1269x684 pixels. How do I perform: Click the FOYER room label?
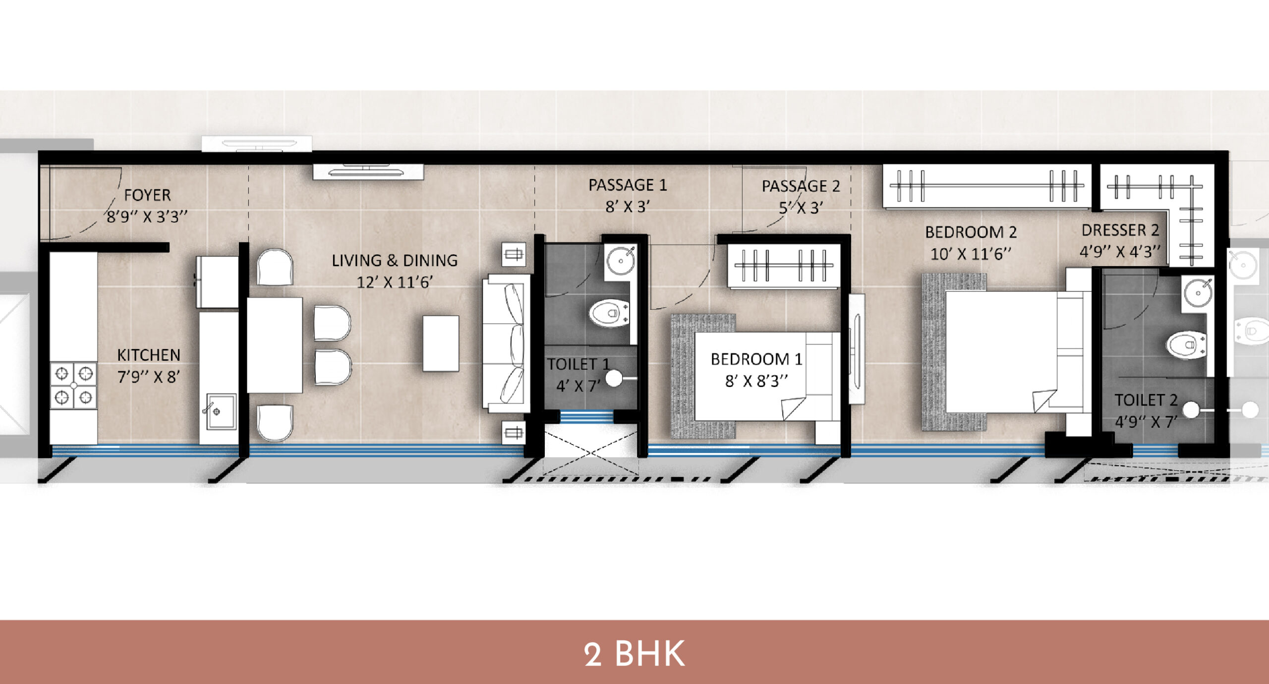(147, 195)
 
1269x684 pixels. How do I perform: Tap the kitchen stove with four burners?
(73, 386)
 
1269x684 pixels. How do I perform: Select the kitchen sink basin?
(221, 411)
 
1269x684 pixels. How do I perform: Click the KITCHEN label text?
(149, 355)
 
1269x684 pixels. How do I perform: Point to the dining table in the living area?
(275, 345)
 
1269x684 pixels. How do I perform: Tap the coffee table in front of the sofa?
(440, 343)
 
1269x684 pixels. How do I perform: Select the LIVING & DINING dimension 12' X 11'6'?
(395, 283)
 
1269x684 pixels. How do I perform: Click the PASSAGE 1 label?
(628, 185)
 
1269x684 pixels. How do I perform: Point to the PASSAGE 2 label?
(801, 186)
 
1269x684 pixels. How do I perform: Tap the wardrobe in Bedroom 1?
(784, 266)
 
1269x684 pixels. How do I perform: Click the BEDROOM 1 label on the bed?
(756, 359)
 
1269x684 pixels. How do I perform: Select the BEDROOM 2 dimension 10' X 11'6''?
(971, 254)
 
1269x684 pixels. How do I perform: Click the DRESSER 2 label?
(1120, 230)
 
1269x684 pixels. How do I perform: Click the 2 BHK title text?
(634, 654)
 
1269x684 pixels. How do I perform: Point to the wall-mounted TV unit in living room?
(368, 172)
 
